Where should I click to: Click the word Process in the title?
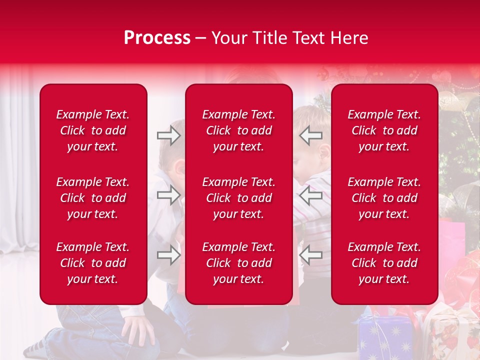pos(157,38)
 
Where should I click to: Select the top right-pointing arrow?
pos(168,135)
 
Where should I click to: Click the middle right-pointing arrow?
pos(168,195)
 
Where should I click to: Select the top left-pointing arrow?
pos(311,135)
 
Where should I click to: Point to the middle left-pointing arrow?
pos(311,195)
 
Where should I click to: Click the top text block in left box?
pos(93,130)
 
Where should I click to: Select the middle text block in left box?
pos(93,198)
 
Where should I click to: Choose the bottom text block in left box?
pos(93,263)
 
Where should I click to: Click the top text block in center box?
pos(238,130)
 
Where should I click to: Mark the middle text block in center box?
pos(238,198)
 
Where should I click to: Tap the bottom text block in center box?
pos(238,263)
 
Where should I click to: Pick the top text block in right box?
pos(384,130)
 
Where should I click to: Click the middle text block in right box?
pos(384,198)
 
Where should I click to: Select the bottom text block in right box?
pos(384,263)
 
